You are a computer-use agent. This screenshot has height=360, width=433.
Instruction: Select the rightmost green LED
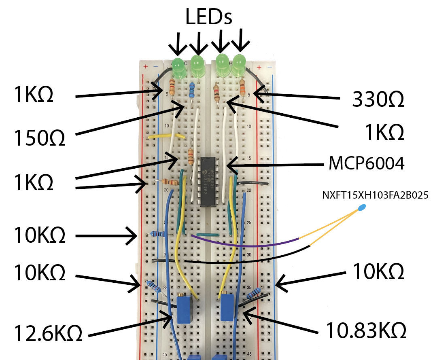coord(239,65)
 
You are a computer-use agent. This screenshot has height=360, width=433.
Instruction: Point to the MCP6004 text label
coord(366,164)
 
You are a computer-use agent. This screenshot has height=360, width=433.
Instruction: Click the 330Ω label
coord(378,100)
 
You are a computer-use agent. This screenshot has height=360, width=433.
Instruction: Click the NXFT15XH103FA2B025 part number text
coord(376,195)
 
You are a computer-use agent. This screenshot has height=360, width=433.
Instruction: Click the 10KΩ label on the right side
coord(378,272)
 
